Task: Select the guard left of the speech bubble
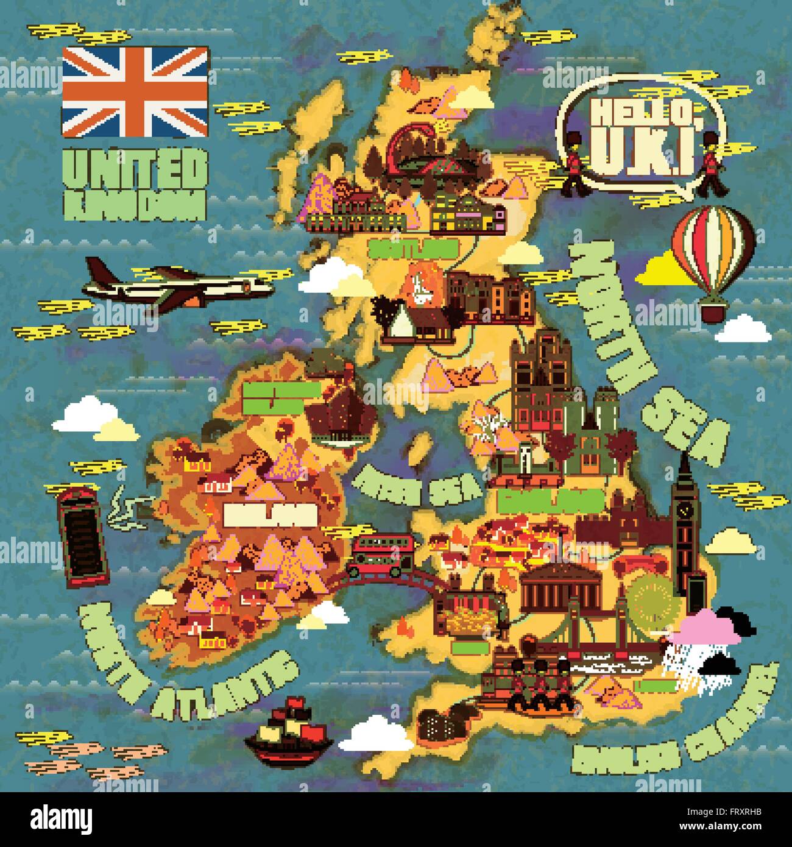(x=574, y=165)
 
